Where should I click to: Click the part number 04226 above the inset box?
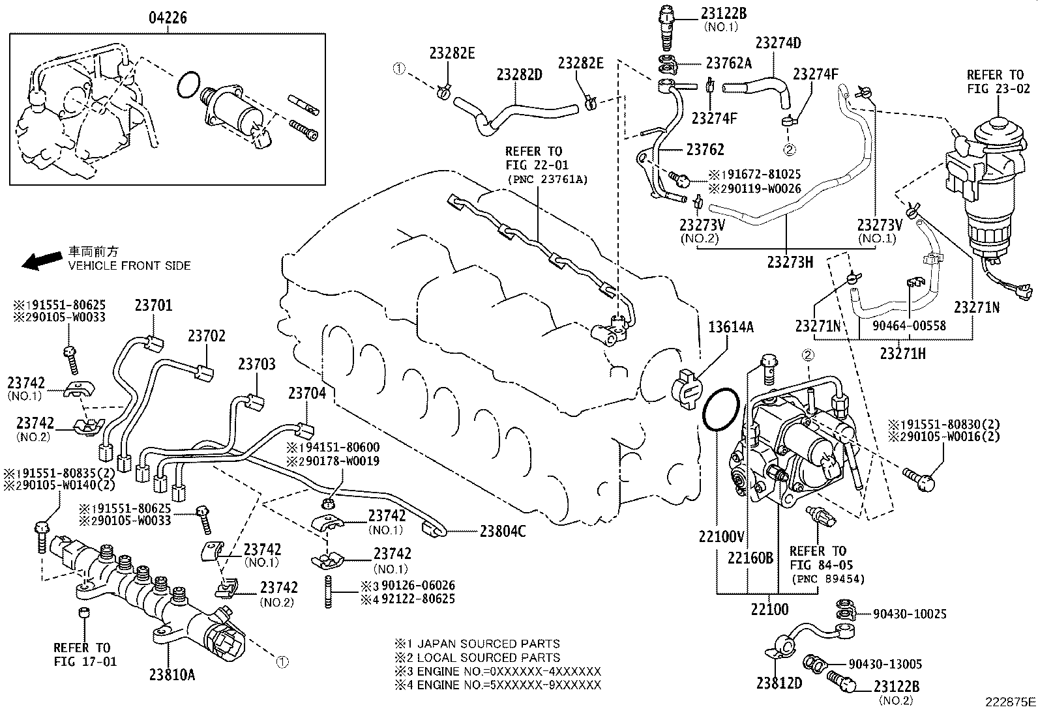pos(166,18)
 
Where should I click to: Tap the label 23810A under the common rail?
pos(172,675)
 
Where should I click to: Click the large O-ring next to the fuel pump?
pos(720,410)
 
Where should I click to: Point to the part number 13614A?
pos(730,327)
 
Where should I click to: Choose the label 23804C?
pos(503,532)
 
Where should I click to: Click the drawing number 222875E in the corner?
pos(1010,702)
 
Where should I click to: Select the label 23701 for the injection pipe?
pos(154,304)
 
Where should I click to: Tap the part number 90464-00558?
pos(910,324)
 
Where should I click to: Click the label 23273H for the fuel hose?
pos(790,262)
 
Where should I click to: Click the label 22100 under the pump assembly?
pos(769,610)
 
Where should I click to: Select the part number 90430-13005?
pos(885,664)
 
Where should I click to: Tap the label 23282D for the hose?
pos(519,74)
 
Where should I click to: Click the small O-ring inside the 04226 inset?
pos(188,84)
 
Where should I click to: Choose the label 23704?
pos(307,393)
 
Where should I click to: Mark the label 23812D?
pos(778,683)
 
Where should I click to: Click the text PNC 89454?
pos(827,579)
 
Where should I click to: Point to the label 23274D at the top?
pos(778,43)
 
